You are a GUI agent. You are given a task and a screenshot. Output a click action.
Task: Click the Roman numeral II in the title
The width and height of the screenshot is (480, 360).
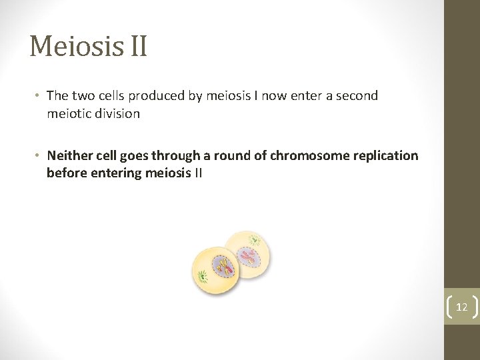[x=135, y=47]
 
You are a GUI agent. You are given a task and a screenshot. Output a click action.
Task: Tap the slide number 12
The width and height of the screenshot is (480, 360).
[x=461, y=307]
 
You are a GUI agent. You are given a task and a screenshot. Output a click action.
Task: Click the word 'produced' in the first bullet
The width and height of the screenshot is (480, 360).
[x=157, y=96]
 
